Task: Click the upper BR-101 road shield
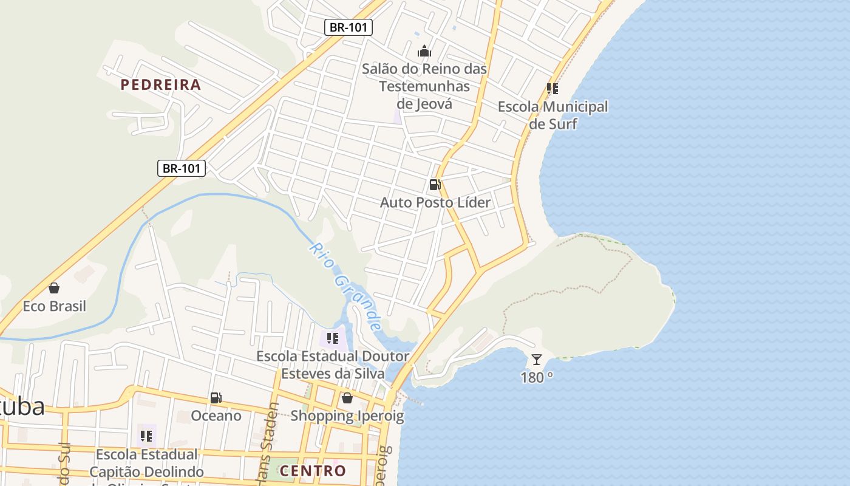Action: coord(348,27)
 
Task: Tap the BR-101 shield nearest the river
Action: coord(182,168)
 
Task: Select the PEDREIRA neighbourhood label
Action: coord(160,84)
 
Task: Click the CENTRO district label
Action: coord(313,471)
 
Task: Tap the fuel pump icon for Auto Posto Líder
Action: coord(435,185)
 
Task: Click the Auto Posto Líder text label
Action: coord(435,202)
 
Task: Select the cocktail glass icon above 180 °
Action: coord(537,360)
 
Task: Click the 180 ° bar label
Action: coord(537,377)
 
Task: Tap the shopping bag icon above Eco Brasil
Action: coord(54,288)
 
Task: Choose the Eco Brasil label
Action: coord(54,306)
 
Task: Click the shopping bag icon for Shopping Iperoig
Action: coord(347,399)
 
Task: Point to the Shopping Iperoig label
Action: coord(347,416)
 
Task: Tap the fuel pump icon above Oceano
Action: coord(216,399)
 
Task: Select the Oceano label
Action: coord(216,416)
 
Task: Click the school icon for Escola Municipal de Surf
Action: coord(552,89)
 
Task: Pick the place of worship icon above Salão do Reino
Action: coord(424,51)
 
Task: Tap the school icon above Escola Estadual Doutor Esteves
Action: coord(332,338)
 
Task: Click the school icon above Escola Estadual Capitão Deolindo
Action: coord(146,436)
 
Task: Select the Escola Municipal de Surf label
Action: coord(552,115)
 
